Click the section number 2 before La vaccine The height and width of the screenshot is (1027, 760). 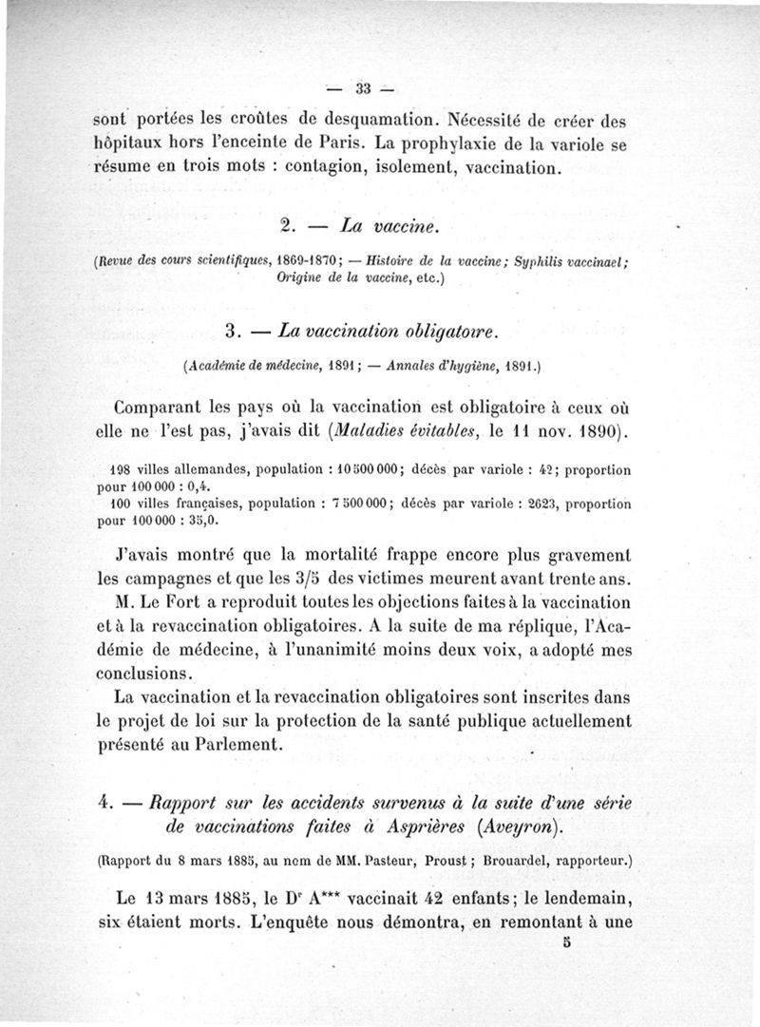[286, 226]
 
